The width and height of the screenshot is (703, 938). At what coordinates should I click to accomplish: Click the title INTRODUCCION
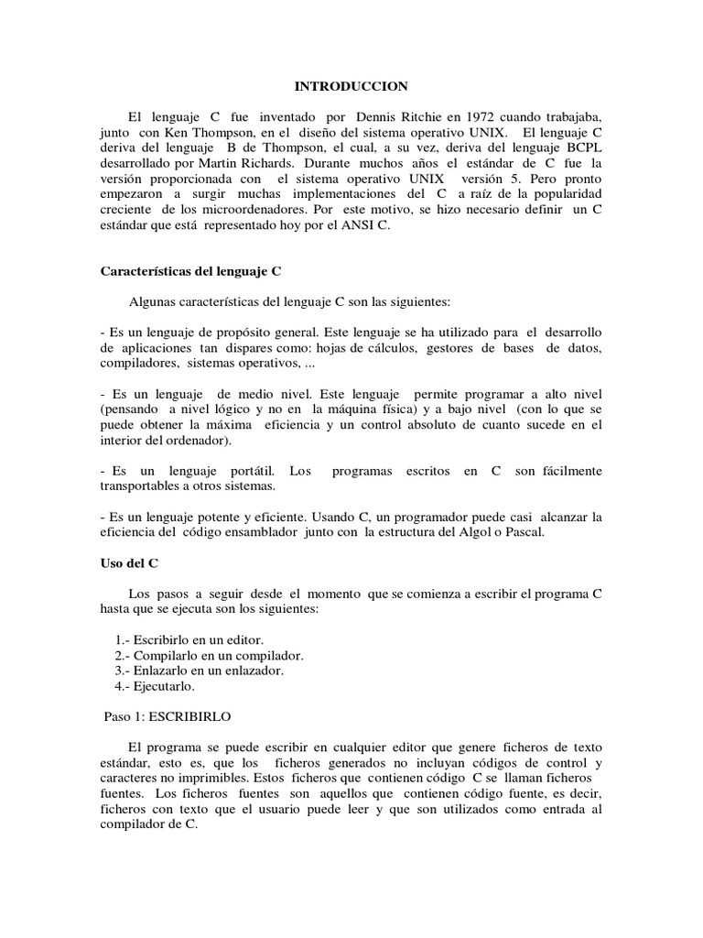tap(351, 86)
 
